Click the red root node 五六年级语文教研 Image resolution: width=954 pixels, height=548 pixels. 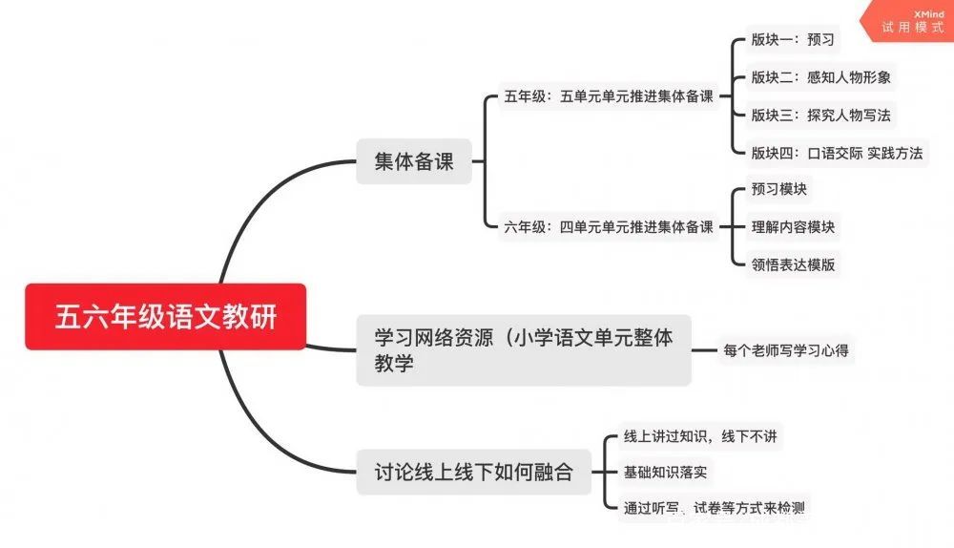[x=165, y=316]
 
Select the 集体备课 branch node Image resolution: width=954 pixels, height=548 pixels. [x=414, y=161]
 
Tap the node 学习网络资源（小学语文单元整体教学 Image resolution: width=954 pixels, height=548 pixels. [x=523, y=349]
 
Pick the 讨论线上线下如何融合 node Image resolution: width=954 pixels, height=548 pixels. [x=473, y=471]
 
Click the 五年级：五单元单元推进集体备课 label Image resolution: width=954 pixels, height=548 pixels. [x=609, y=96]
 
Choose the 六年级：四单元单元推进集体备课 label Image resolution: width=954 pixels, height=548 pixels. [x=609, y=227]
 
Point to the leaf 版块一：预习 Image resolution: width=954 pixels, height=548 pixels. [x=792, y=40]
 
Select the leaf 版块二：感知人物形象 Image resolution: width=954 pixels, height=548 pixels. [x=820, y=77]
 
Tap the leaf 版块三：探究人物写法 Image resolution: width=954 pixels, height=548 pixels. [x=820, y=115]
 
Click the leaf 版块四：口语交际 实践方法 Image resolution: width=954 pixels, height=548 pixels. [x=837, y=152]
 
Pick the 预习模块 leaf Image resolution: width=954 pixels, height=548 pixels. [x=778, y=190]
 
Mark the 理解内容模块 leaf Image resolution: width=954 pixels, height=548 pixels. [x=793, y=227]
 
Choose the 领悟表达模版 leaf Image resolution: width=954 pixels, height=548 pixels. [x=793, y=264]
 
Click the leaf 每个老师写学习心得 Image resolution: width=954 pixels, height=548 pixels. [x=786, y=349]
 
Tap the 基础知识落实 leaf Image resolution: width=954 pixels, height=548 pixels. [x=665, y=472]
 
